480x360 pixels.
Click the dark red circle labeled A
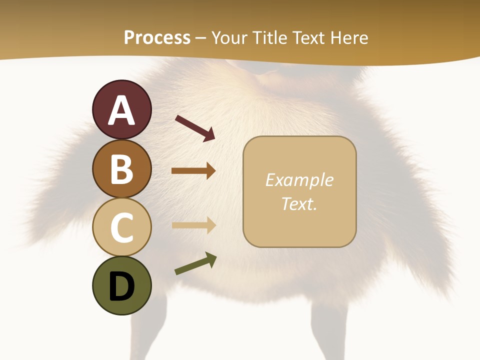click(x=121, y=109)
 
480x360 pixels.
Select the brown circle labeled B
click(x=121, y=168)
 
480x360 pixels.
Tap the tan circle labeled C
click(x=121, y=227)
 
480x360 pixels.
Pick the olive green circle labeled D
click(x=121, y=286)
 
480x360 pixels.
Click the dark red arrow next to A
click(x=194, y=128)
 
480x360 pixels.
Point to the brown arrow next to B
click(x=193, y=171)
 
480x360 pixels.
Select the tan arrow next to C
click(x=193, y=225)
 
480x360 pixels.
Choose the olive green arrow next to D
click(x=195, y=263)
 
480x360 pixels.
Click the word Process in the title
click(x=157, y=37)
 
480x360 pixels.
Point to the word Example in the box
click(x=299, y=180)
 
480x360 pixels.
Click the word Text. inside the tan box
click(x=299, y=203)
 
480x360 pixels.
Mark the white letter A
click(x=121, y=110)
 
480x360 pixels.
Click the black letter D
click(x=121, y=287)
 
